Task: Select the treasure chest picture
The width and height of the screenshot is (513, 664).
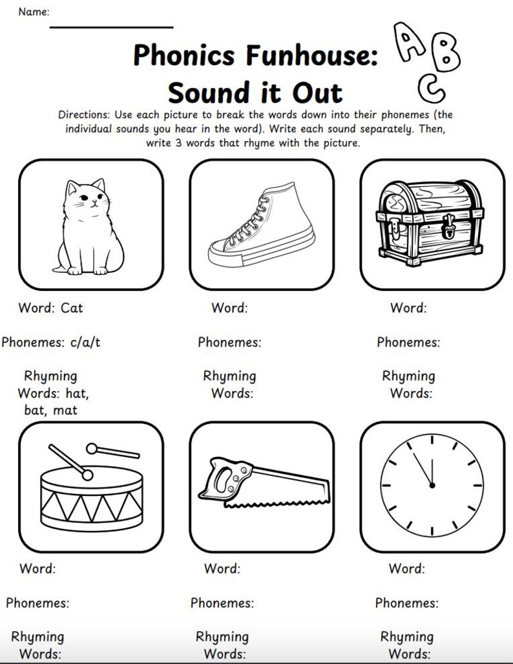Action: pos(432,222)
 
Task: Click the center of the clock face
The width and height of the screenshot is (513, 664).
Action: pos(432,485)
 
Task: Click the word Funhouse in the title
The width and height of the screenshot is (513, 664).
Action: pos(304,56)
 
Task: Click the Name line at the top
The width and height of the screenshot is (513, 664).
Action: pos(111,27)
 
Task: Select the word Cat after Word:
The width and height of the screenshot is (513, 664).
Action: pos(72,308)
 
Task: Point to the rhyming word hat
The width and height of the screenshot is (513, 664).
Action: pos(77,393)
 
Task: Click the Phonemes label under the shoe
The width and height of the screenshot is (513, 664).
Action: pos(229,343)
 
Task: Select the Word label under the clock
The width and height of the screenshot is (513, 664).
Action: pos(406,569)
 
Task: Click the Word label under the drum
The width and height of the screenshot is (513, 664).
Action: pos(37,569)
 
